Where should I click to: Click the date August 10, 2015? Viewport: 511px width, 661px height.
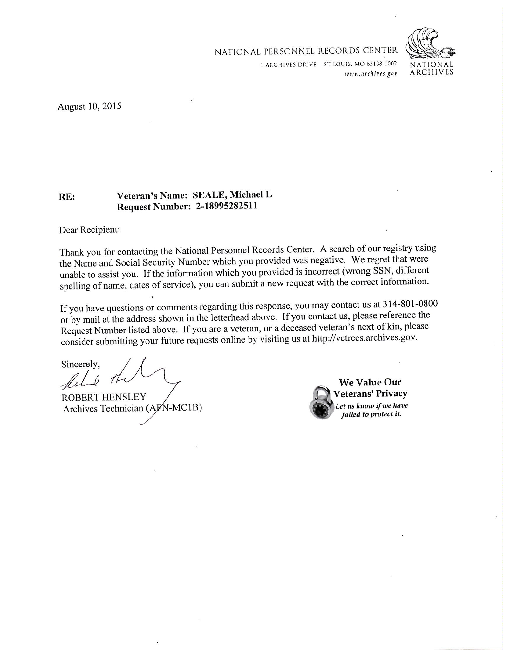coord(89,106)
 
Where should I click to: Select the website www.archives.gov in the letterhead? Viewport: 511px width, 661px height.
coord(371,73)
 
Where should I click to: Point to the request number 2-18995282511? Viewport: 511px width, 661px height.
coord(224,206)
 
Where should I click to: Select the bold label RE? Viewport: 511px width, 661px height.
coord(67,197)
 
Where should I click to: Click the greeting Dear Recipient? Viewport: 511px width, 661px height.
coord(90,230)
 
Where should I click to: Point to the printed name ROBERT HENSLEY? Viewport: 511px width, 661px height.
coord(104,397)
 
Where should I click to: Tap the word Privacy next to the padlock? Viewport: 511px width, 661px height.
coord(392,393)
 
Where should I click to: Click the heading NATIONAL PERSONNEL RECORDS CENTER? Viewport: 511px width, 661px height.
coord(306,51)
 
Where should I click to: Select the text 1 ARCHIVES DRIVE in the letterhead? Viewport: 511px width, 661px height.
coord(288,65)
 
